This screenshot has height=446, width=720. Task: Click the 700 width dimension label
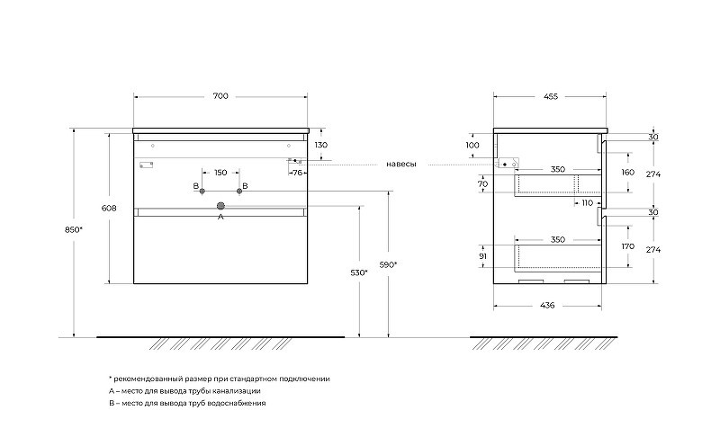(x=220, y=96)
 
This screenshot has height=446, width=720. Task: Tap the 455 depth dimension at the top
(x=551, y=96)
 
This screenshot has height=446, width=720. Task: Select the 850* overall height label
(x=74, y=230)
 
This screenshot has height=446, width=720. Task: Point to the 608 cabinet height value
(x=109, y=208)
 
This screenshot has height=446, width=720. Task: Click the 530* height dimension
(x=359, y=272)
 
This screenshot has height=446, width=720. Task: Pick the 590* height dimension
(x=388, y=264)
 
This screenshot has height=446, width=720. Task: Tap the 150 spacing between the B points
(x=220, y=173)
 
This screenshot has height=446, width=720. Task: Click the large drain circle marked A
(x=220, y=206)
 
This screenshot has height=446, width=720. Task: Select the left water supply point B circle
(x=202, y=191)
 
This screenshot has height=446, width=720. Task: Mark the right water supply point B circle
(x=239, y=191)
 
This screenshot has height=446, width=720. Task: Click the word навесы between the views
(x=400, y=165)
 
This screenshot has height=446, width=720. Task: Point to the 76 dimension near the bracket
(x=298, y=173)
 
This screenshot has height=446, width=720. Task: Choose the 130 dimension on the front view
(x=321, y=145)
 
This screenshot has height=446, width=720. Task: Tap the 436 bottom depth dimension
(x=547, y=305)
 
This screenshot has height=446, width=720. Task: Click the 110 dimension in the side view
(x=588, y=203)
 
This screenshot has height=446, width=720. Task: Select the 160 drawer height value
(x=627, y=172)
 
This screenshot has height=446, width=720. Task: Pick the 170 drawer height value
(x=627, y=246)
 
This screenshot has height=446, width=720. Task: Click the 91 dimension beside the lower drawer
(x=482, y=256)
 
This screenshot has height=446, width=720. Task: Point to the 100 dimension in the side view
(x=472, y=145)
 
